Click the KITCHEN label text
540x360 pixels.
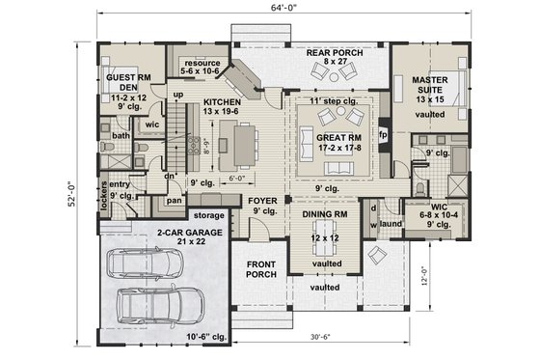pyautogui.click(x=222, y=100)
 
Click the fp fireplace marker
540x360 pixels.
pyautogui.click(x=383, y=134)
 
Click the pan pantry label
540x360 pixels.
pyautogui.click(x=175, y=201)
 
